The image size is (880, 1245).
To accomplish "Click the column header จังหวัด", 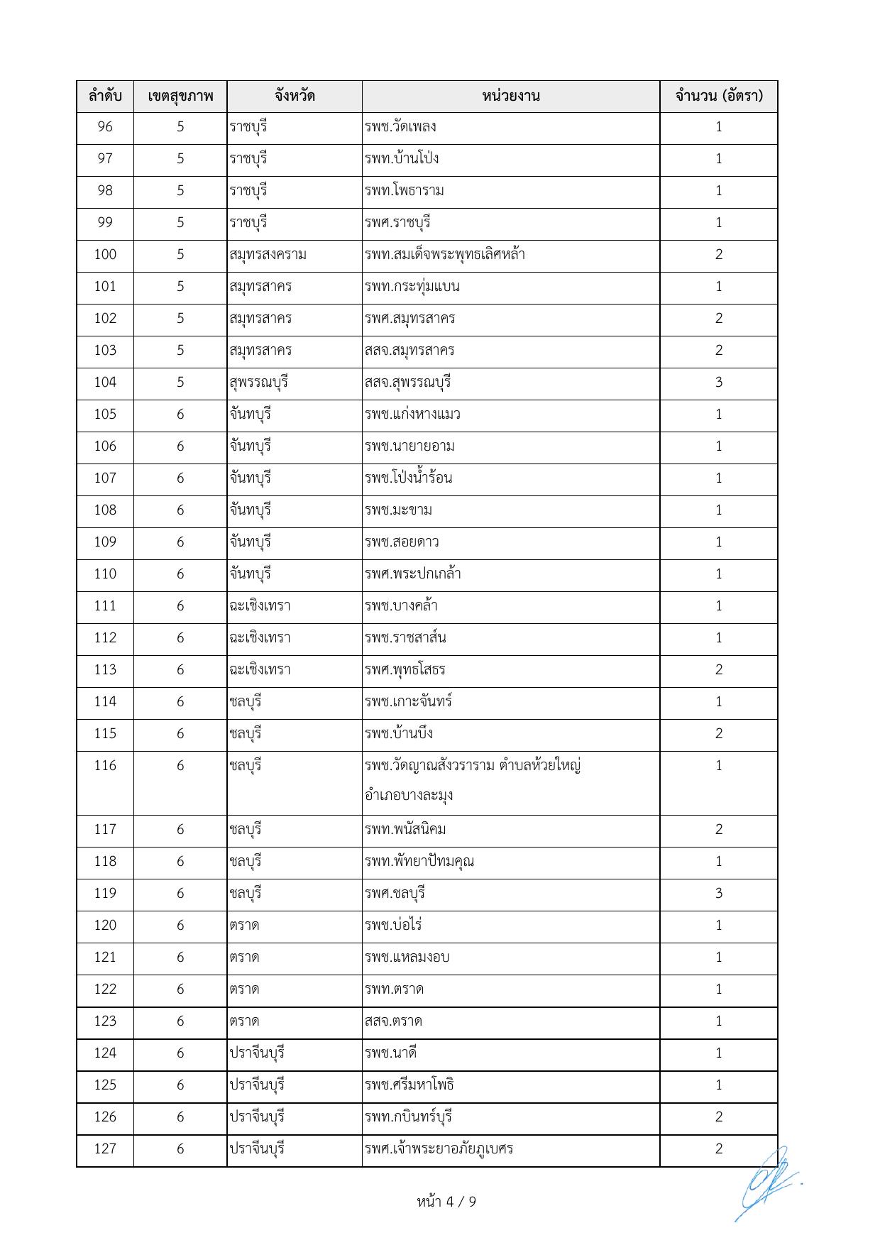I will [x=295, y=96].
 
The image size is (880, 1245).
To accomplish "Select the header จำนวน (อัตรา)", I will [x=718, y=96].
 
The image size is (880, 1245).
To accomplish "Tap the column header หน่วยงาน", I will [x=510, y=96].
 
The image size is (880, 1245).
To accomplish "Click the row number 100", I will [x=105, y=255].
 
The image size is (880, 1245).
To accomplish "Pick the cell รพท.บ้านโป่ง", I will [x=402, y=158].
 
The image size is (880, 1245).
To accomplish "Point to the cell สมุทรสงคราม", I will [x=268, y=255].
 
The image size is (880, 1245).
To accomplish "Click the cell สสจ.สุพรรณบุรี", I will [x=408, y=383].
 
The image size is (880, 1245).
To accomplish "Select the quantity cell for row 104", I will [x=718, y=383].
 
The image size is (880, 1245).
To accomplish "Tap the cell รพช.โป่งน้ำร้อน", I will [x=409, y=478].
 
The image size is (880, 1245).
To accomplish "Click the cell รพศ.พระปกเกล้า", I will [x=413, y=574].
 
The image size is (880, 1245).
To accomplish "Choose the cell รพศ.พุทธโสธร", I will [x=405, y=669].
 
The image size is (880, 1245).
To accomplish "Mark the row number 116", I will [x=105, y=766].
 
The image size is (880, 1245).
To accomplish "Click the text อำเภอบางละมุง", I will [x=409, y=795].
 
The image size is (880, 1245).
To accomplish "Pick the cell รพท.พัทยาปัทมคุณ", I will [x=419, y=862].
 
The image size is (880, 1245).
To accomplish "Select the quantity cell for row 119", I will [x=718, y=894].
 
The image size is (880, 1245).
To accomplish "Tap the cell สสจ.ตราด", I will [x=393, y=1021].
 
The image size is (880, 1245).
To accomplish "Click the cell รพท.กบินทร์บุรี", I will [x=409, y=1117].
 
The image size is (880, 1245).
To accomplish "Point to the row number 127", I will [x=105, y=1149].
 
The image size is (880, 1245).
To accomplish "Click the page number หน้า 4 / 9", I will [x=446, y=1202].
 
